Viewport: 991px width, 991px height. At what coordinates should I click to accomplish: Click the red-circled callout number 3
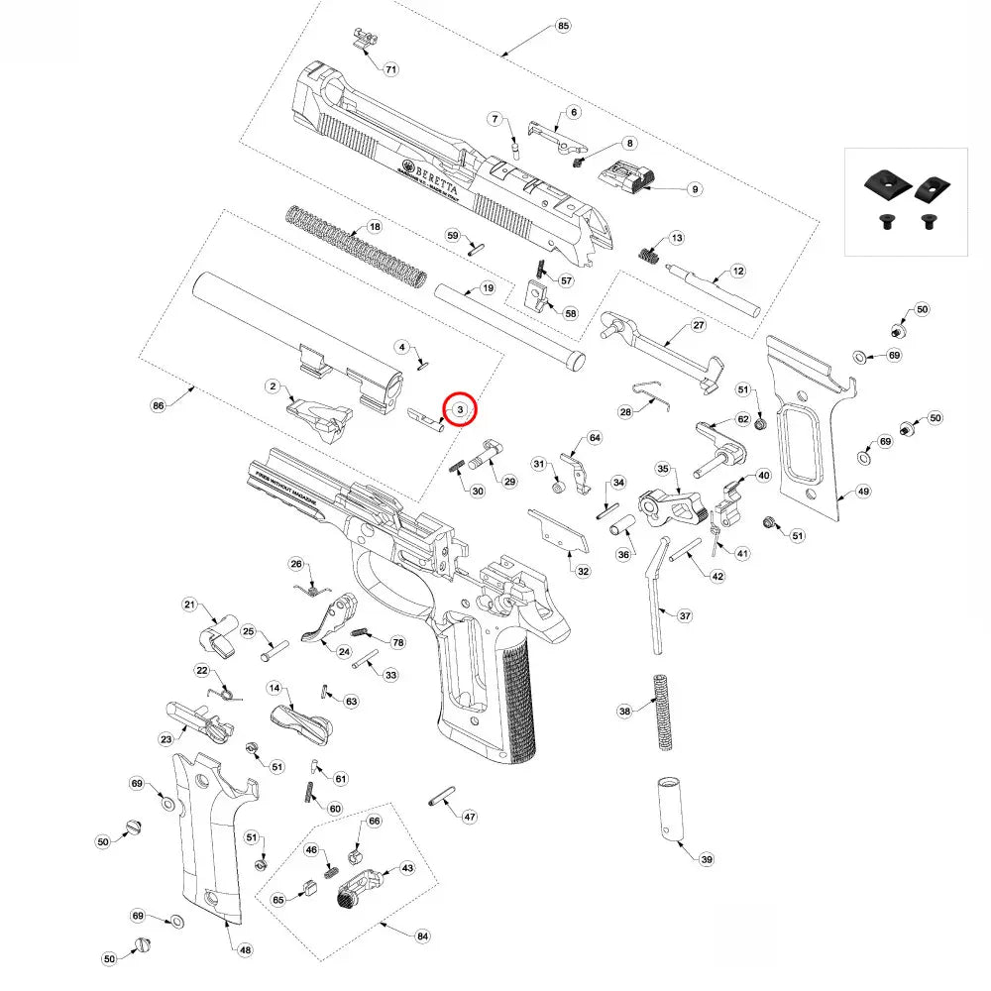[x=460, y=408]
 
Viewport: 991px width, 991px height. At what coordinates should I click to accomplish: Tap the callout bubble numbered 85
[x=564, y=25]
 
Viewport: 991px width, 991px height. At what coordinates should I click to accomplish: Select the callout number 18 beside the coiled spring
[x=375, y=227]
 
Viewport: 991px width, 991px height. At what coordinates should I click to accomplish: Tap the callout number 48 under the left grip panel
[x=246, y=949]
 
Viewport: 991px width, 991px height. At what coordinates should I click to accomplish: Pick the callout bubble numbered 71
[x=390, y=69]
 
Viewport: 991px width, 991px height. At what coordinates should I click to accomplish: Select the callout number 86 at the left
[x=158, y=405]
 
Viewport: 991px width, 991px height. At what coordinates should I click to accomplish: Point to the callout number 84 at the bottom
[x=422, y=935]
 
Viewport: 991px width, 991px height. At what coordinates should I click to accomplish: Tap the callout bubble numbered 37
[x=685, y=615]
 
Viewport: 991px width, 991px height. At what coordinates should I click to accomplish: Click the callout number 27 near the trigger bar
[x=698, y=325]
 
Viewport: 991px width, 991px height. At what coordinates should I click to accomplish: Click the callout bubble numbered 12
[x=737, y=271]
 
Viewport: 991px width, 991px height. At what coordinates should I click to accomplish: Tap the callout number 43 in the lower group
[x=406, y=867]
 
